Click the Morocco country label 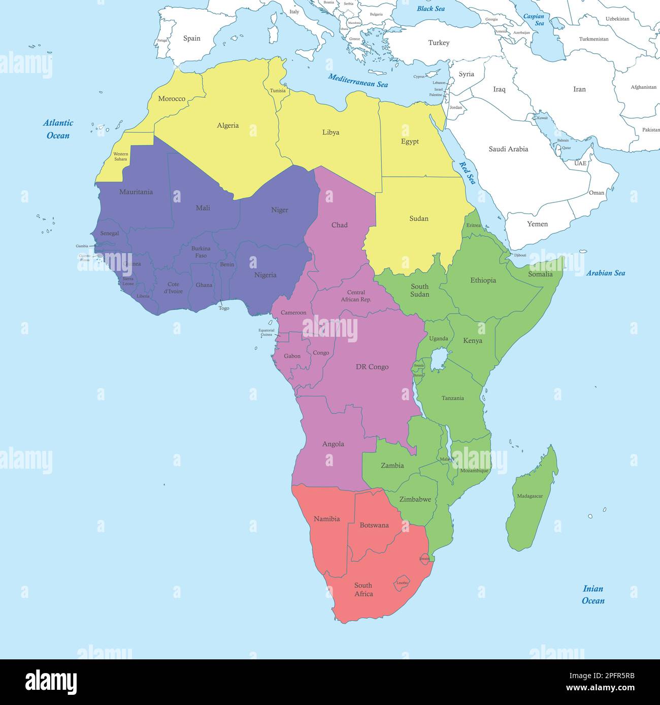click(172, 98)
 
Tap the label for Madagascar click(530, 496)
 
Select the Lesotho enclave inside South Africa click(403, 582)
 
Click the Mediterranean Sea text click(358, 80)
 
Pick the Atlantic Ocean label click(58, 129)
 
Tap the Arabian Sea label click(606, 273)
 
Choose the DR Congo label click(372, 367)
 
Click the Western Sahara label click(120, 156)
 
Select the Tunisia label click(278, 91)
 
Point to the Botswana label click(374, 525)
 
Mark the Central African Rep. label click(356, 296)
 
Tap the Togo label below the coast click(224, 308)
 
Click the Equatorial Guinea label click(266, 332)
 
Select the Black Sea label click(431, 9)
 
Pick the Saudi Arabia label click(508, 149)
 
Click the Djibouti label click(520, 255)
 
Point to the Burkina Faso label click(201, 252)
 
